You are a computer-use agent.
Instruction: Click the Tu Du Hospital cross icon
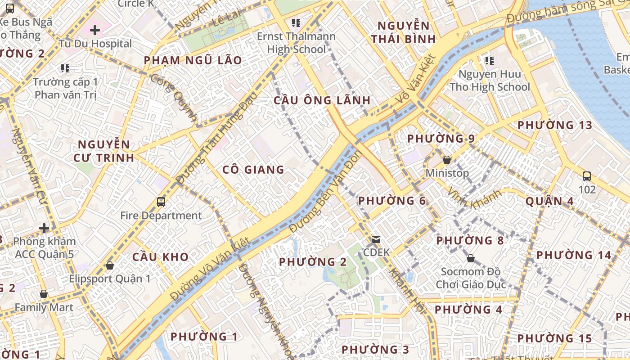click(94, 30)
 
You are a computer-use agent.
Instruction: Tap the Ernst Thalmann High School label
click(296, 43)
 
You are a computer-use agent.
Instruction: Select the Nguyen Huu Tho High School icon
click(490, 60)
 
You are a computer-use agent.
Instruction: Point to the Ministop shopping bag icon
click(447, 160)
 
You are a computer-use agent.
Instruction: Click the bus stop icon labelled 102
click(587, 176)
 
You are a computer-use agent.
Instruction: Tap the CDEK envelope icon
click(376, 239)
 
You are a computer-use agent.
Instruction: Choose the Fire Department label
click(161, 216)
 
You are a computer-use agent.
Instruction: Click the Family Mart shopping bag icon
click(44, 294)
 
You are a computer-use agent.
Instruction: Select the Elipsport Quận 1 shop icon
click(109, 265)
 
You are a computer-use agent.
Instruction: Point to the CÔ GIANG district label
click(253, 170)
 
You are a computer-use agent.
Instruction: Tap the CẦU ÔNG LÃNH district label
click(322, 100)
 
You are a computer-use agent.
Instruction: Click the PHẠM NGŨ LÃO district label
click(193, 60)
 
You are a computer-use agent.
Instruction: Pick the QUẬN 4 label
click(549, 201)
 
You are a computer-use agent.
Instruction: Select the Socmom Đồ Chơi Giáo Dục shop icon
click(470, 258)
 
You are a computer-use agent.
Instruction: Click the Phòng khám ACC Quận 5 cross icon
click(44, 228)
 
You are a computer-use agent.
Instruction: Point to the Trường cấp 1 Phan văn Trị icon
click(65, 68)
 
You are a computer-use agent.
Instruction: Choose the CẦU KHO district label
click(161, 257)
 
